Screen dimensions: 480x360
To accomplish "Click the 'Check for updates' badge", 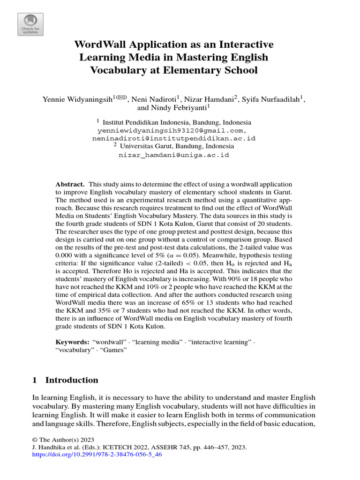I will [x=30, y=24].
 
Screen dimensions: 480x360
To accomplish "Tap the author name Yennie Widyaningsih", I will [x=77, y=99].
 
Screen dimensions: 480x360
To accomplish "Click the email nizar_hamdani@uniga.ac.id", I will [x=174, y=155].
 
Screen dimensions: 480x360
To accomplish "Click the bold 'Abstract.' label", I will [x=70, y=184].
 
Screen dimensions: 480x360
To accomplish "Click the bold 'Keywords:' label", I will [x=72, y=342].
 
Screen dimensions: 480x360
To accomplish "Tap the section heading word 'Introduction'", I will [x=72, y=380].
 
